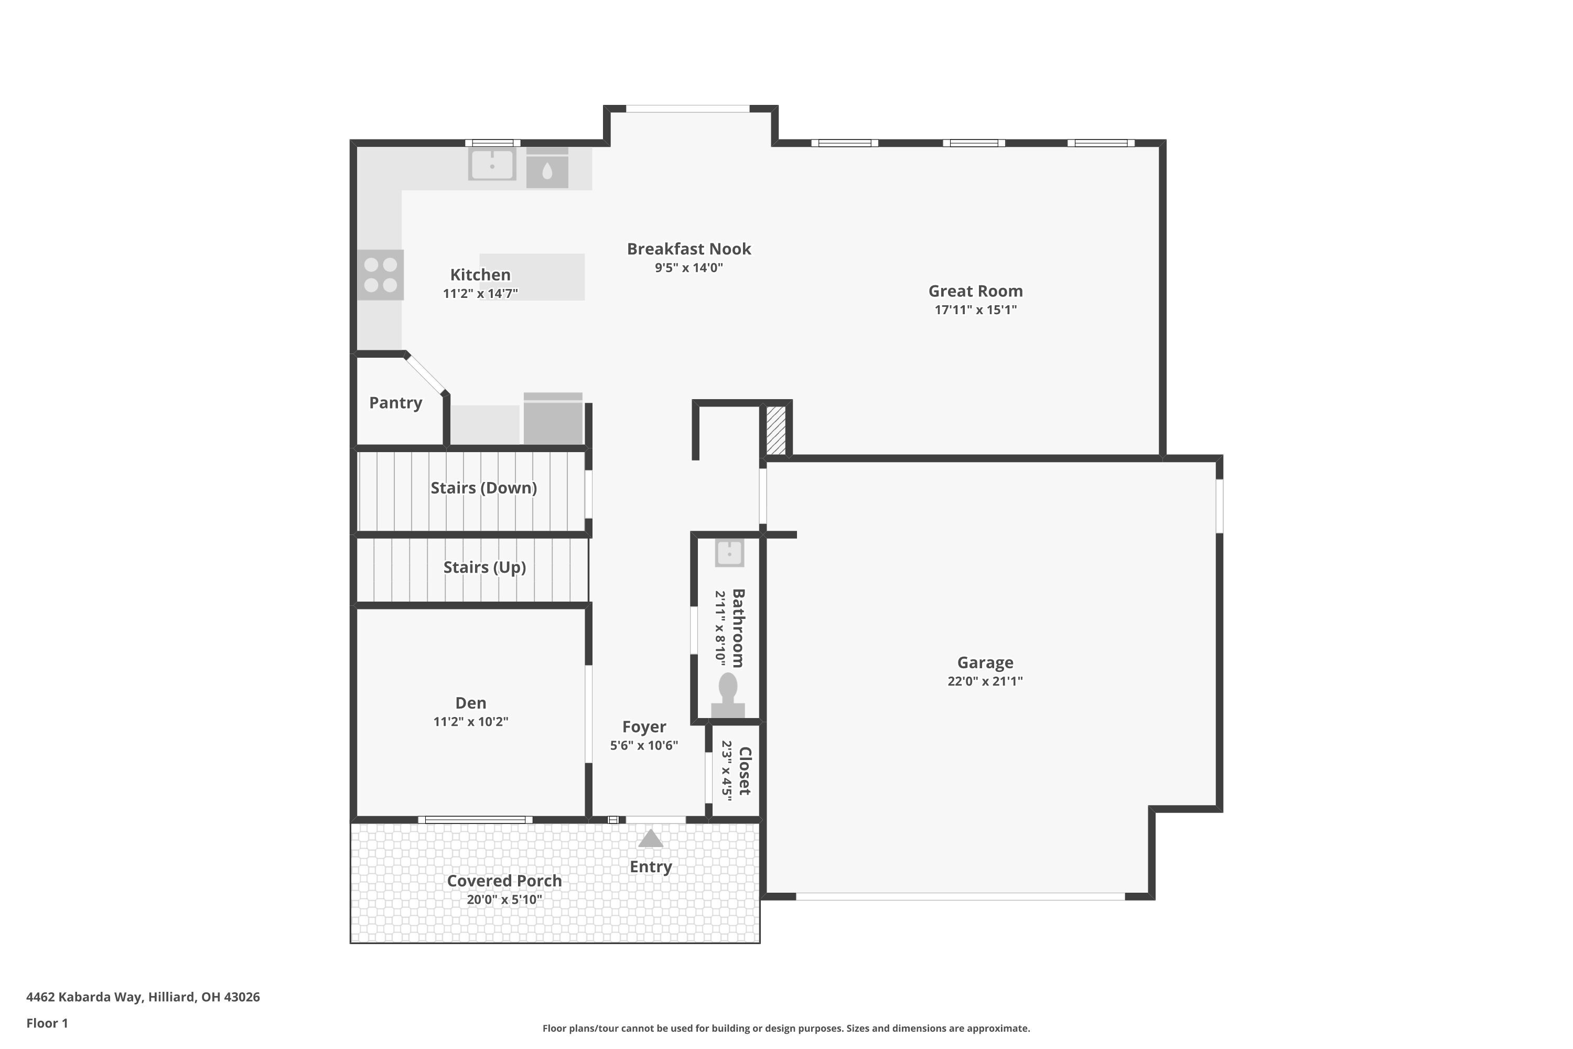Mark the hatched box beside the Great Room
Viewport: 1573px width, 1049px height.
(776, 430)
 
